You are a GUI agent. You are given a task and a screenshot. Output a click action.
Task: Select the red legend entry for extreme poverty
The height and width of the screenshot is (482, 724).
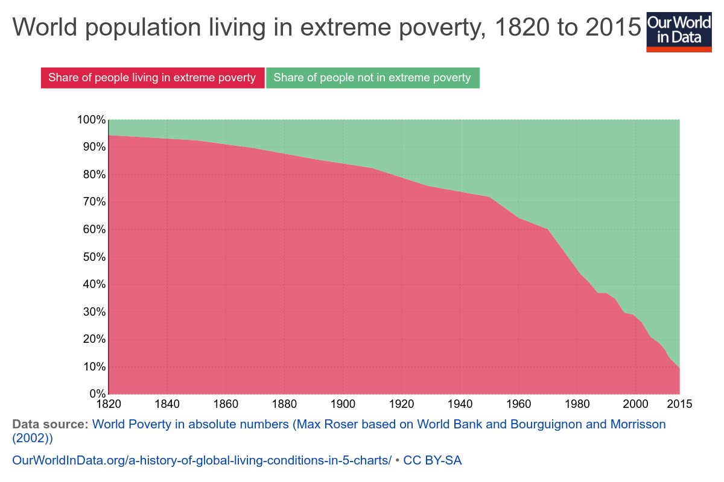(x=152, y=78)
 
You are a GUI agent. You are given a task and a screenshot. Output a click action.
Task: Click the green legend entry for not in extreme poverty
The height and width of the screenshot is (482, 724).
(x=372, y=78)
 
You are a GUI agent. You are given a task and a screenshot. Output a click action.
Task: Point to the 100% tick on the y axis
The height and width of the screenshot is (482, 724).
(x=91, y=120)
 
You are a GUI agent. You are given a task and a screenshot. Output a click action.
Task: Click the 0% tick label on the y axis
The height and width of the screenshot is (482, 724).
(x=97, y=394)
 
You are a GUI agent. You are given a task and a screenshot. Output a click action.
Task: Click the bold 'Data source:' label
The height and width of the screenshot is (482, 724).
(x=50, y=424)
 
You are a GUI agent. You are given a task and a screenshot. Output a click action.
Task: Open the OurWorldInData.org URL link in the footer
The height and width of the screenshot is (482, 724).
(x=202, y=460)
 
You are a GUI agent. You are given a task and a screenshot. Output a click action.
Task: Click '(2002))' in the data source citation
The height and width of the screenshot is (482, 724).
(x=33, y=438)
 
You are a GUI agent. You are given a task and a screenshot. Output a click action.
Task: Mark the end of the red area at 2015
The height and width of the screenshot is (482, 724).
(x=679, y=369)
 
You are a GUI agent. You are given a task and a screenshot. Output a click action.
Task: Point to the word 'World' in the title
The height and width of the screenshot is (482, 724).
(x=49, y=28)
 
